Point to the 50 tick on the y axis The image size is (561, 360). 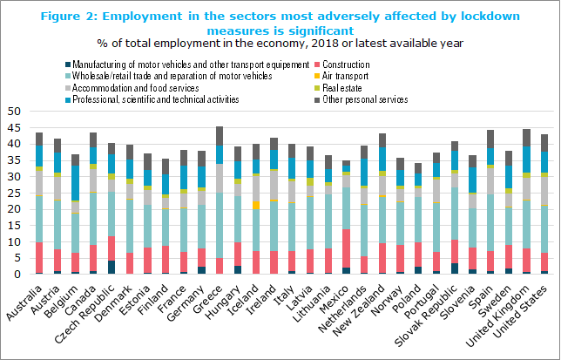coord(15,112)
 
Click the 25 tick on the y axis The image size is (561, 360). coord(15,193)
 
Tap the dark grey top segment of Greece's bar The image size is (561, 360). coord(219,139)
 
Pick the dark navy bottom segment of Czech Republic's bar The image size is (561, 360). coord(110,267)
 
